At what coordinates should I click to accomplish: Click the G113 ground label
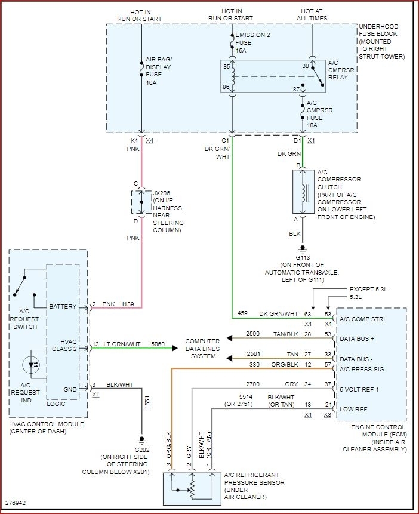(303, 257)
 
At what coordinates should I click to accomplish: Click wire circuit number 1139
(128, 304)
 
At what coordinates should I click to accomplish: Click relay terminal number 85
(227, 66)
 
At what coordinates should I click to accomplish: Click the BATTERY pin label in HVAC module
(63, 306)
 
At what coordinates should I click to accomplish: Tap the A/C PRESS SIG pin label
(362, 368)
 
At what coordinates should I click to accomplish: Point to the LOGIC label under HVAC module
(56, 404)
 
